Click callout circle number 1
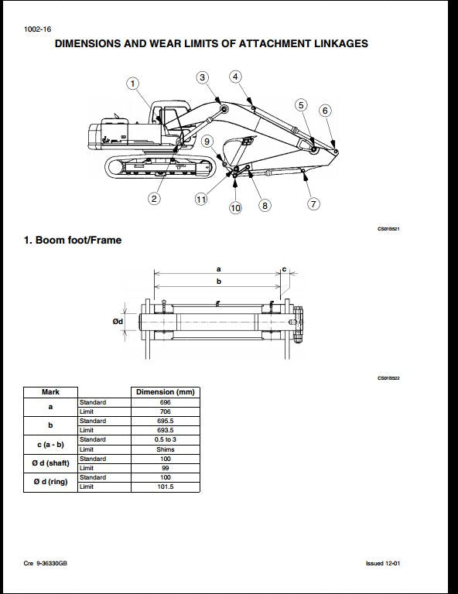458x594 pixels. click(x=132, y=84)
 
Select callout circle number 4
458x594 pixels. click(x=235, y=77)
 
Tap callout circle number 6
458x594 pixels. click(x=325, y=111)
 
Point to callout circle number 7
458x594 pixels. click(x=314, y=204)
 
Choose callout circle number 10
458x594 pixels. click(x=235, y=207)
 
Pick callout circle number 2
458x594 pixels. click(x=155, y=199)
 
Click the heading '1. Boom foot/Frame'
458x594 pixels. click(x=73, y=241)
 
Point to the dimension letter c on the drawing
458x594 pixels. click(x=284, y=269)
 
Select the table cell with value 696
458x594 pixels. click(x=166, y=402)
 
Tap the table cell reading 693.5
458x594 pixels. click(x=166, y=430)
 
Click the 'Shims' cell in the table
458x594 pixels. click(x=166, y=449)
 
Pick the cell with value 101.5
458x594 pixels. click(x=166, y=486)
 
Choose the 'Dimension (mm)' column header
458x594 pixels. click(x=166, y=392)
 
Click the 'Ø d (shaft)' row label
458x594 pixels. click(x=50, y=463)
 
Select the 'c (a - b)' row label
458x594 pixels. click(x=50, y=444)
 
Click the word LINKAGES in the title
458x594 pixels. click(x=336, y=44)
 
